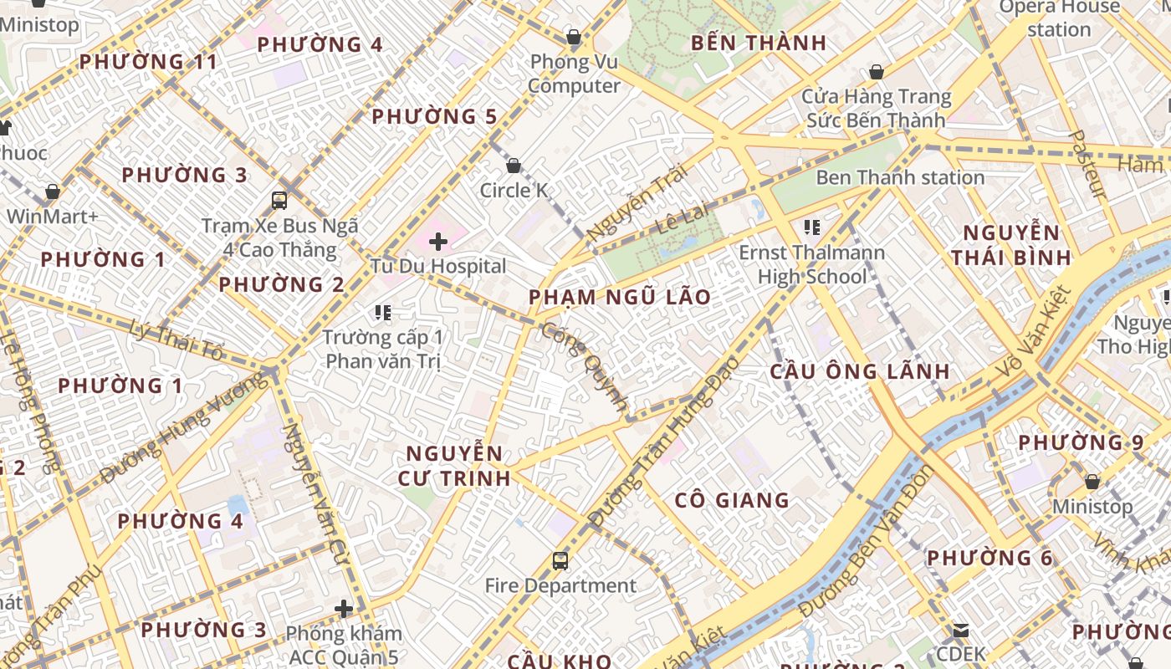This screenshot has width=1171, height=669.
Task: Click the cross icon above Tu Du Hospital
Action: coord(437,243)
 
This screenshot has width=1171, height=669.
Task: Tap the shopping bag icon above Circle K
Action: coord(514,166)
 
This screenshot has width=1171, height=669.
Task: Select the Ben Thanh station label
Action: coord(899,177)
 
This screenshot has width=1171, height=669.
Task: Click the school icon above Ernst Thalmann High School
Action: coord(810,227)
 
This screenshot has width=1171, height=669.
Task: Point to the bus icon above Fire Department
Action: coord(560,561)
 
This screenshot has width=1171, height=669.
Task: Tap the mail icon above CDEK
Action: coord(960,630)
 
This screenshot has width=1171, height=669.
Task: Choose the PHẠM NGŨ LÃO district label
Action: coord(619,297)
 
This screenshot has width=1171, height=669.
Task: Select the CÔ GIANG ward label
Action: coord(732,500)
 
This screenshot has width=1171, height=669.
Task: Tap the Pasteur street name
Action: coord(1088,165)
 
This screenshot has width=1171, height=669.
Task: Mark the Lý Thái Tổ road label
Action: coord(177,340)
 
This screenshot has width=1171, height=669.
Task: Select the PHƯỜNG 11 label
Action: coord(148,61)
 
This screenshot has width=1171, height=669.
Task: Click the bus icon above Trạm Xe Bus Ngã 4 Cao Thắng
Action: coord(279,201)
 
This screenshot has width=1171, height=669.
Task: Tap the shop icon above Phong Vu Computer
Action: coord(574,37)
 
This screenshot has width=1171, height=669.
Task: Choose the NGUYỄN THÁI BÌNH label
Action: coord(1010,244)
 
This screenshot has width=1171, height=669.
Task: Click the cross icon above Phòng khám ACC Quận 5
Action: coord(344,609)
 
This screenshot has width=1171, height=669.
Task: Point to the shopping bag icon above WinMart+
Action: coord(53,192)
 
